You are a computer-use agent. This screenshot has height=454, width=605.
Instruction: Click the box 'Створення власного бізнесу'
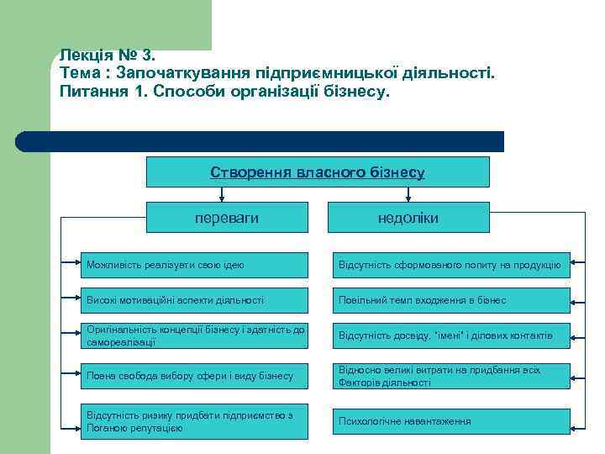[318, 172]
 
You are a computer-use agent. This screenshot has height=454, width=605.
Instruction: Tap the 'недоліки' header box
[408, 218]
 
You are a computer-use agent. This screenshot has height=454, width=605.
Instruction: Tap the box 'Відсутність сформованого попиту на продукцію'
[450, 265]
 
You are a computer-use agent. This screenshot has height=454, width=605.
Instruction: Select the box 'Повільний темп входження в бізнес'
[450, 300]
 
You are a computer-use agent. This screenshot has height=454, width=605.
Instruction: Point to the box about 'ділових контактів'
[450, 335]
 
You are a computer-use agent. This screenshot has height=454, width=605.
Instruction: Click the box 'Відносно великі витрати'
[450, 376]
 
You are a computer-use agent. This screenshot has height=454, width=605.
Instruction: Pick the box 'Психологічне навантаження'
[450, 420]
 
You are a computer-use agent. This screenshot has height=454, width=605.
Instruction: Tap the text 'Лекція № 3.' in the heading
[107, 55]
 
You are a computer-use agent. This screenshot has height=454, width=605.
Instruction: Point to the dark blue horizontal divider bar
[260, 141]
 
